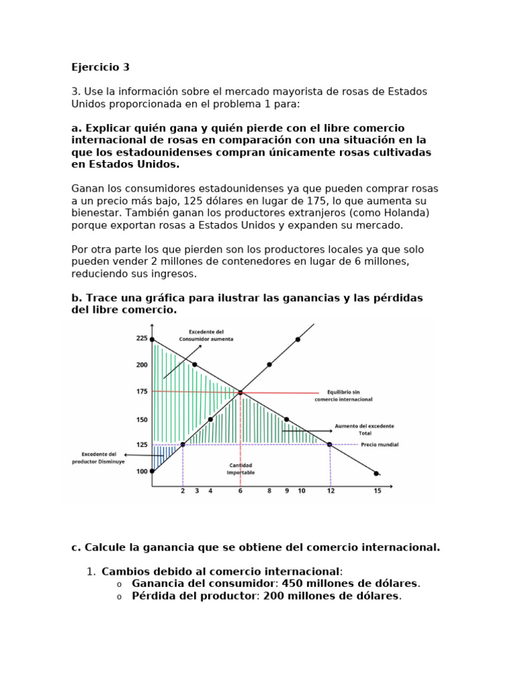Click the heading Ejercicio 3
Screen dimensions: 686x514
click(100, 67)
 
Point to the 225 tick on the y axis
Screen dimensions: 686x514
click(142, 338)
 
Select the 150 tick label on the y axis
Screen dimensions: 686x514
click(142, 419)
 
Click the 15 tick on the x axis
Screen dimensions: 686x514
click(377, 491)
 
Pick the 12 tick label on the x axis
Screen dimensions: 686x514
click(330, 491)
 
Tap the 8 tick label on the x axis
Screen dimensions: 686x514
click(269, 491)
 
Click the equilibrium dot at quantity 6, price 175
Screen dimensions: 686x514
click(240, 393)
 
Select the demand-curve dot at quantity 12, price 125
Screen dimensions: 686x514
click(329, 444)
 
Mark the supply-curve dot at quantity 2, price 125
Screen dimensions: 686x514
click(183, 444)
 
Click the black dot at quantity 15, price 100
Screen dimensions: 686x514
click(376, 473)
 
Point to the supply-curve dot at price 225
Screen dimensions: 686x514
click(298, 340)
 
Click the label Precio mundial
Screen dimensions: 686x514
click(379, 444)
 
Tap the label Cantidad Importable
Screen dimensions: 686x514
click(240, 469)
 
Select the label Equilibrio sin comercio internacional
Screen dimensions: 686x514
click(343, 395)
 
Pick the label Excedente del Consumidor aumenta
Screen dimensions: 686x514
click(206, 336)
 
